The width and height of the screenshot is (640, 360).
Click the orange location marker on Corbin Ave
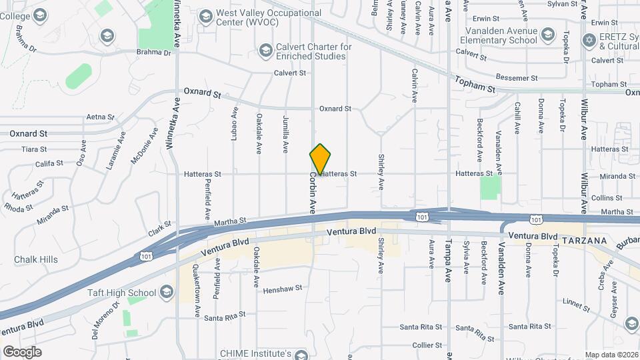pyautogui.click(x=320, y=159)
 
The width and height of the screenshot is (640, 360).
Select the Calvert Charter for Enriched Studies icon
pyautogui.click(x=265, y=51)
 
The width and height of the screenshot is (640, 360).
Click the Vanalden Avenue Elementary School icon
pyautogui.click(x=548, y=35)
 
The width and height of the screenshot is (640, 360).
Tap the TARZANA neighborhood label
pyautogui.click(x=584, y=240)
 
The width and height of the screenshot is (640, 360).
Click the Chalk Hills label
pyautogui.click(x=36, y=259)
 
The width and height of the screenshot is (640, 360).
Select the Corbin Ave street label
pyautogui.click(x=311, y=194)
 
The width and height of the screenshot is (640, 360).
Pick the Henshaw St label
pyautogui.click(x=283, y=289)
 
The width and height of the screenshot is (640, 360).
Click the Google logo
pyautogui.click(x=22, y=351)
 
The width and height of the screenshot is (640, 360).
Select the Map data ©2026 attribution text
pyautogui.click(x=611, y=355)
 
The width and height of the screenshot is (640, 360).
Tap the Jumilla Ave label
pyautogui.click(x=285, y=134)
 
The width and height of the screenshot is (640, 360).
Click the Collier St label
pyautogui.click(x=427, y=345)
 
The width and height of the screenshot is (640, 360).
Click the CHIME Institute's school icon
pyautogui.click(x=304, y=354)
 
